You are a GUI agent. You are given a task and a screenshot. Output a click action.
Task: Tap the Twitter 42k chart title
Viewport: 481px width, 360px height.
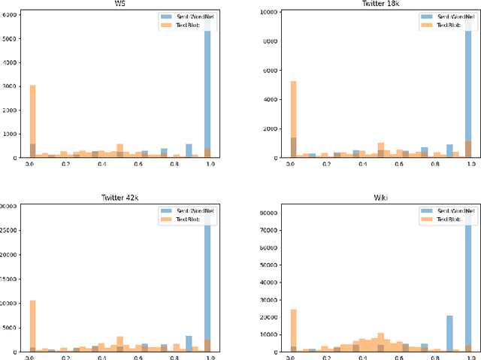pyautogui.click(x=119, y=197)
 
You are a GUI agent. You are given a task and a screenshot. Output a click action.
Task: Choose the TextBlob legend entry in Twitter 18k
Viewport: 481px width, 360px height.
pyautogui.click(x=444, y=25)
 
